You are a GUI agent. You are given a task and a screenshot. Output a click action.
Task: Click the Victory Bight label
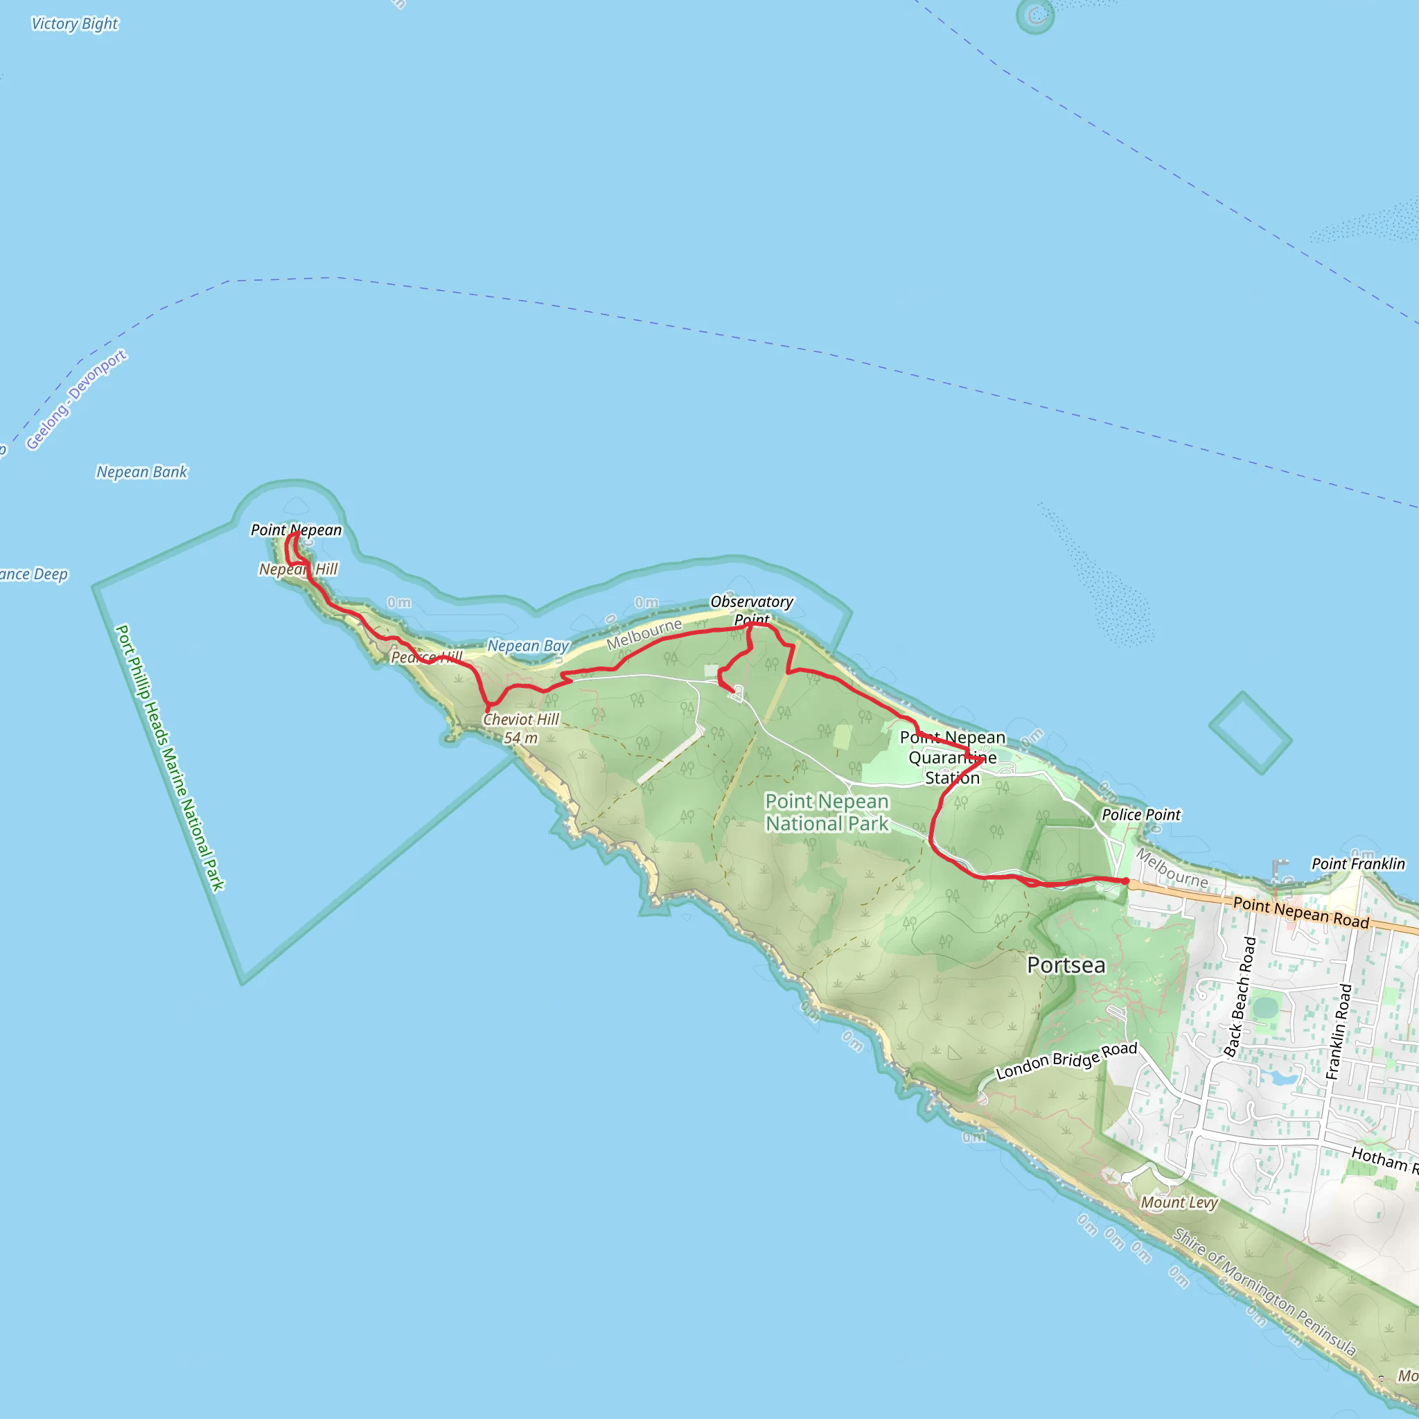74,24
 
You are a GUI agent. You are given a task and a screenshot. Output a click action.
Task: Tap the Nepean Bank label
142,473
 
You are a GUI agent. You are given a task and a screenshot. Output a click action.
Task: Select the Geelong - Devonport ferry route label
76,400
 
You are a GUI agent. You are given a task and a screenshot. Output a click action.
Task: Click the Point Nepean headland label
296,529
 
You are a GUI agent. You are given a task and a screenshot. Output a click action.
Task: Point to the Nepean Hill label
298,570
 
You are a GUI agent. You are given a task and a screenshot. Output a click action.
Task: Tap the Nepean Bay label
528,646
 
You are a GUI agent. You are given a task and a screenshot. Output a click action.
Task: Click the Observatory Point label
751,610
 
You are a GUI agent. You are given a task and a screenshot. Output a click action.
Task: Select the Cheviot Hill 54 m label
521,729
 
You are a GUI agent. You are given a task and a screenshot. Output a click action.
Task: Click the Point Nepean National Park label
827,812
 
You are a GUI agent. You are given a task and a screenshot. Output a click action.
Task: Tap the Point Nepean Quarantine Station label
953,757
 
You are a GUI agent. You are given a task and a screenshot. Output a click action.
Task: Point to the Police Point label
1140,815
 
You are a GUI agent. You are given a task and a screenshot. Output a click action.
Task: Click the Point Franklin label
1358,864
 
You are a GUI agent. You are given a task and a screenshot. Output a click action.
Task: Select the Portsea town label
1066,965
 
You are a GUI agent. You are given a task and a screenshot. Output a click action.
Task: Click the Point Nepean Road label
1301,913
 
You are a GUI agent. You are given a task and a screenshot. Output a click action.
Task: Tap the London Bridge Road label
1066,1061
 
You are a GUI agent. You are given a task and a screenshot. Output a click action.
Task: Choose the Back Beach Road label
1240,996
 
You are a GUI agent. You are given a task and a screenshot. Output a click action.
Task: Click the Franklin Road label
1338,1031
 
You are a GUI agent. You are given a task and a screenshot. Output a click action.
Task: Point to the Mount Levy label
1179,1202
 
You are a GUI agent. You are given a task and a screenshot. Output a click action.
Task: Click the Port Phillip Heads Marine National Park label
170,757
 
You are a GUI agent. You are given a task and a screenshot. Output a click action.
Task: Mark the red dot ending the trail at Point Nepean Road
1125,881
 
